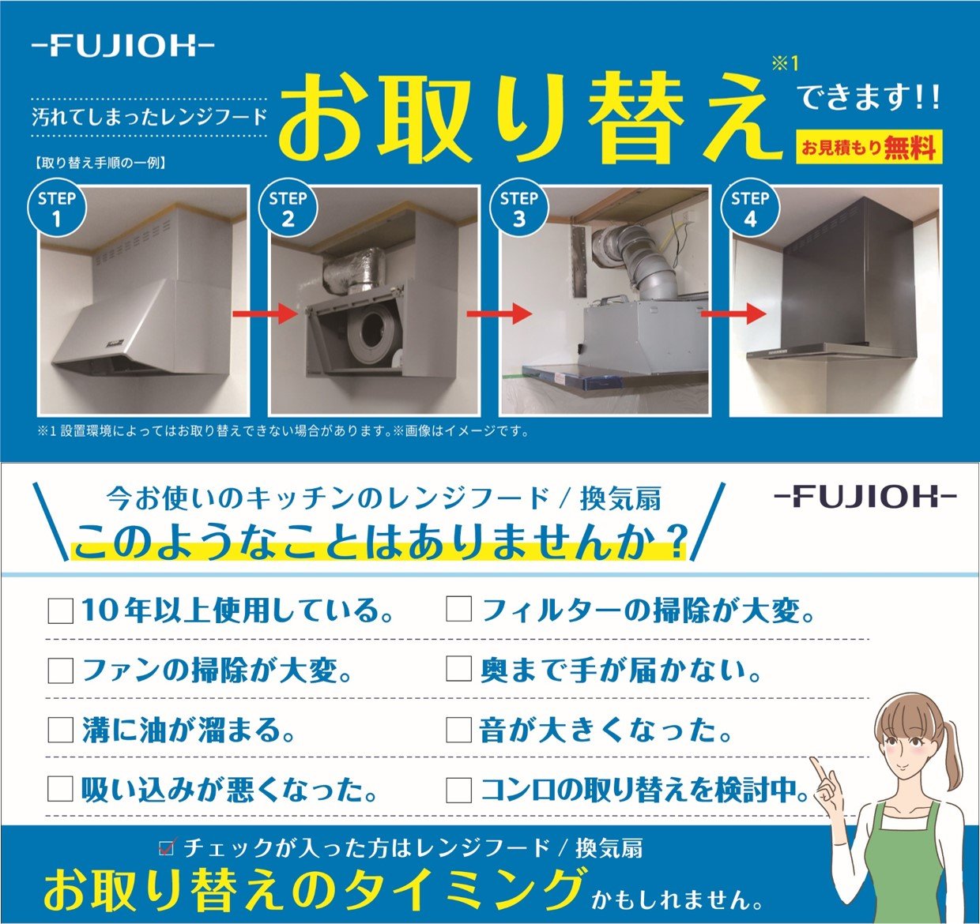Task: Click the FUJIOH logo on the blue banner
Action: click(122, 47)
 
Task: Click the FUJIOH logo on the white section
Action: click(865, 497)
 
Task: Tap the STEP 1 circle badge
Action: click(57, 208)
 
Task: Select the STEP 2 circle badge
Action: click(288, 208)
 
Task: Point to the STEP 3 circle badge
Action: click(518, 208)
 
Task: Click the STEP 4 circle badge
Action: click(750, 208)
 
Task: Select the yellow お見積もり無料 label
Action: click(869, 148)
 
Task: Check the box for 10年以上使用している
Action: click(61, 610)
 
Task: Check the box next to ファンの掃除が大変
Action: click(61, 670)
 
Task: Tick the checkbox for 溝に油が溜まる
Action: click(61, 730)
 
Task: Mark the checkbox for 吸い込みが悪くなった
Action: click(61, 789)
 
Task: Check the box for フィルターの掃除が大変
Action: click(459, 610)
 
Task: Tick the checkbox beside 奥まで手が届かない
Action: click(459, 670)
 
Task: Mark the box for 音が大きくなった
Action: click(459, 730)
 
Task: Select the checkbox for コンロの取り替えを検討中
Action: click(459, 789)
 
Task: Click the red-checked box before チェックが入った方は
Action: click(167, 848)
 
